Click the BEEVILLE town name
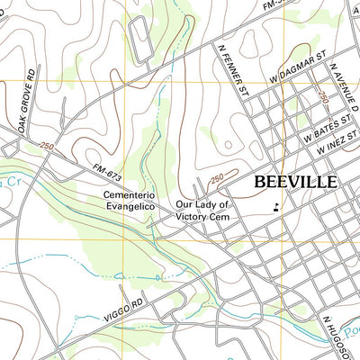tap(295, 181)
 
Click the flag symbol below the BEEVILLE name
tap(274, 208)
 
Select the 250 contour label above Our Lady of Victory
tap(217, 179)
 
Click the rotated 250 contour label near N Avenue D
tap(322, 96)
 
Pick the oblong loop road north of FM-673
tap(142, 39)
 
